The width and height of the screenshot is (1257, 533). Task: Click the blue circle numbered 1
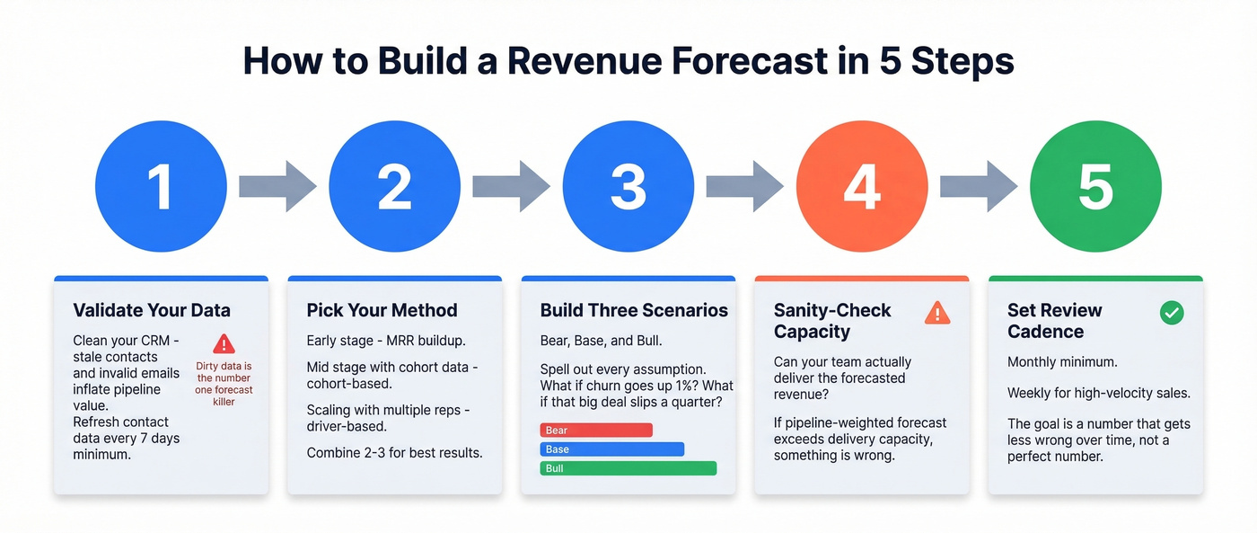pos(161,187)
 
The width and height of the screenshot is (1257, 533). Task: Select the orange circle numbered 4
pos(862,187)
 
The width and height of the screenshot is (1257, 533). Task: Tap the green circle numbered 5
pos(1095,187)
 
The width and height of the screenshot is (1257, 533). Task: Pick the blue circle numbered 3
pos(628,187)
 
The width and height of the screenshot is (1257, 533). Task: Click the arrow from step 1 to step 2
pos(277,187)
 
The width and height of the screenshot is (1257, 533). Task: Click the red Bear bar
pos(595,430)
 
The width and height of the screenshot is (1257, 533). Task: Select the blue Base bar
pos(611,449)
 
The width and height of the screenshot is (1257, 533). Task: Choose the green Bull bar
pos(628,468)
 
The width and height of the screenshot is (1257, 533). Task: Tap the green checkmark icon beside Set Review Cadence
pos(1172,313)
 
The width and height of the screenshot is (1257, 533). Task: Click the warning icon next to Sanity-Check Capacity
pos(937,313)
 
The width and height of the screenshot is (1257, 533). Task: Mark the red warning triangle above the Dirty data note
pos(224,343)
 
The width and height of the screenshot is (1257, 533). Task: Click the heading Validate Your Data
pos(152,310)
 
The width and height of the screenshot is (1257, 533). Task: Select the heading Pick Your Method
pos(382,310)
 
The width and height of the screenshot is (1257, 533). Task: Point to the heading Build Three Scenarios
pos(634,310)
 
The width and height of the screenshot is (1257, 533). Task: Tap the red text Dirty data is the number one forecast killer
pos(224,384)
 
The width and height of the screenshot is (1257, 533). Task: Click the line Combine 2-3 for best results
pos(394,452)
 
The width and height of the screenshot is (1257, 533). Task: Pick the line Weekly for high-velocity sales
pos(1098,393)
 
